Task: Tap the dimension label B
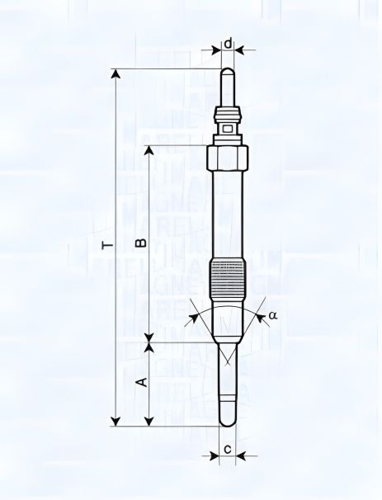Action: [140, 243]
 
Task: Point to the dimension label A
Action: [140, 382]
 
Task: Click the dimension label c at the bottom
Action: [227, 450]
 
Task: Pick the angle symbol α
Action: [273, 314]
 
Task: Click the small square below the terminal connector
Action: [228, 127]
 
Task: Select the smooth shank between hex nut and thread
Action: [228, 215]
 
